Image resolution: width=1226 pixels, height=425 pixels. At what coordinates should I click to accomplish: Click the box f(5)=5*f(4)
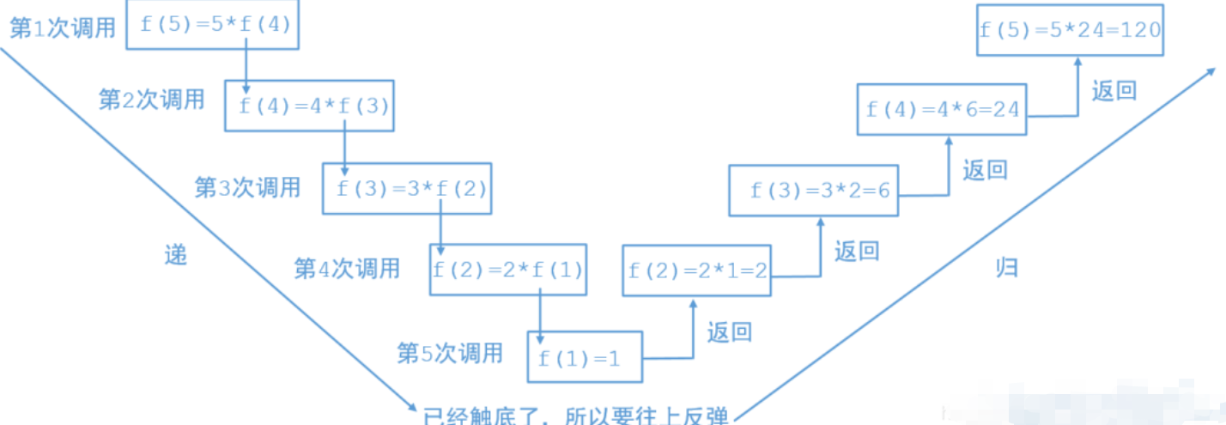tap(215, 25)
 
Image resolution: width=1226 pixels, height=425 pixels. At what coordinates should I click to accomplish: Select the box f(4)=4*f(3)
tap(309, 106)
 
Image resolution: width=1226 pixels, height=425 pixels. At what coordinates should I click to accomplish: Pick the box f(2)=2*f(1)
tap(509, 270)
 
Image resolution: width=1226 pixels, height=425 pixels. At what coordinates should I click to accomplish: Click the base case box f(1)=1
tap(585, 357)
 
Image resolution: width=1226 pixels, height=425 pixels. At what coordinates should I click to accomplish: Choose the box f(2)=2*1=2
tap(697, 270)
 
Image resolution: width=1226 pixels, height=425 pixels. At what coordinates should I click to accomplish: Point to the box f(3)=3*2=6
tap(813, 190)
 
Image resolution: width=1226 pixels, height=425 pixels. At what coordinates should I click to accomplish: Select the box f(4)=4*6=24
tap(942, 109)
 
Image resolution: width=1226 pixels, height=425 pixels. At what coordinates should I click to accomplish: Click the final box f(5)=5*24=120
tap(1070, 29)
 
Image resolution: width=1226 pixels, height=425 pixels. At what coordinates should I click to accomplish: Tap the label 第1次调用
tap(62, 28)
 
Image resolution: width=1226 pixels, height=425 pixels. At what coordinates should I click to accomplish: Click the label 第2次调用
tap(152, 100)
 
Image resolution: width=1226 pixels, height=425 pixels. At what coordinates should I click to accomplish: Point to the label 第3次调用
tap(248, 186)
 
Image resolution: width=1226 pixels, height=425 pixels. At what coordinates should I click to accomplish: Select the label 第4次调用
tap(347, 268)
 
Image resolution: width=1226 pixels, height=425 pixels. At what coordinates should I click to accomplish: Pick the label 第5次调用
tap(449, 352)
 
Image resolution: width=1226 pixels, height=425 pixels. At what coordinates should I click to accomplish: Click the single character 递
tap(175, 254)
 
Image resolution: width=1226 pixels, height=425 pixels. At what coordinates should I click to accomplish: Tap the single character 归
tap(1006, 267)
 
